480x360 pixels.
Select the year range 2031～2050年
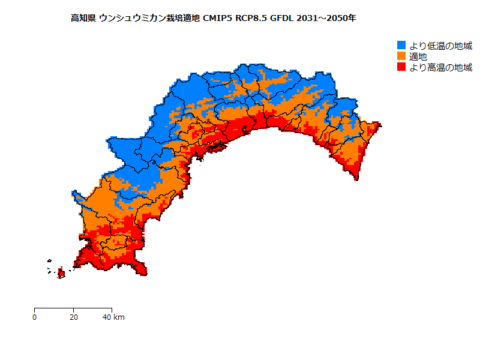[x=326, y=19]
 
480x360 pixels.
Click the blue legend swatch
[x=401, y=46]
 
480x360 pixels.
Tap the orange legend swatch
[x=401, y=56]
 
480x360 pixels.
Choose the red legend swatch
[x=401, y=67]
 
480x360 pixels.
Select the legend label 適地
[x=418, y=56]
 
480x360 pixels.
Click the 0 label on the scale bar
[x=35, y=317]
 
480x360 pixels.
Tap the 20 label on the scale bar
[x=73, y=317]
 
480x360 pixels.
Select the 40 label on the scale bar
[x=107, y=317]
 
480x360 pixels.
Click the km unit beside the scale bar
[x=119, y=317]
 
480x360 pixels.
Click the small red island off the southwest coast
[x=61, y=274]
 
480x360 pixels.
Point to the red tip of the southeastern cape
[x=358, y=178]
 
